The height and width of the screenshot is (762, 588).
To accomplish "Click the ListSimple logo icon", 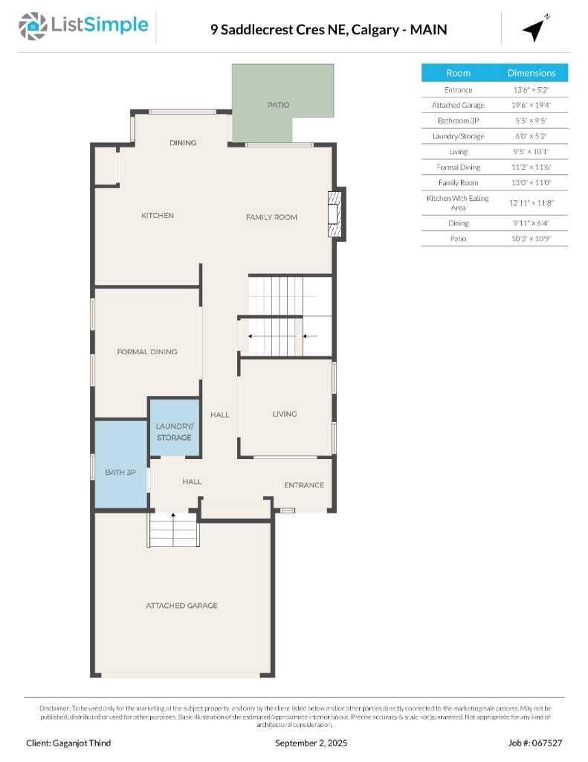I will point(33,27).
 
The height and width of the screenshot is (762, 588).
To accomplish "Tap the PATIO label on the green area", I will point(278,105).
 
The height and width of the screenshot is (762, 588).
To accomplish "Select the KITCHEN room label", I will point(158,215).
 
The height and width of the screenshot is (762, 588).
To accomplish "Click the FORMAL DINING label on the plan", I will point(147,351).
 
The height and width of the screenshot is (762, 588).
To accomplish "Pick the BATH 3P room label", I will point(120,473).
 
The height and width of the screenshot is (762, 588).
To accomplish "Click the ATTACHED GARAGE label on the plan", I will point(181,605).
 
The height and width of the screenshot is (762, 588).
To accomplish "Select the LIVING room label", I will point(284,414).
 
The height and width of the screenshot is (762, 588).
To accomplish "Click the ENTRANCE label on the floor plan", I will point(304,485).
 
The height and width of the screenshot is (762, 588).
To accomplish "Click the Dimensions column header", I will point(532,73).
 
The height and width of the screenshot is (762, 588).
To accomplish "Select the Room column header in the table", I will point(458,73).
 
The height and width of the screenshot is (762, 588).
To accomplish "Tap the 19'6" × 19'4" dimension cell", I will point(532,105).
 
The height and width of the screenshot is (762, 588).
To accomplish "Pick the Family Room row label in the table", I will point(458,182).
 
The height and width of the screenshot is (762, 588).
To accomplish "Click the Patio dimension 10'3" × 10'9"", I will point(532,238).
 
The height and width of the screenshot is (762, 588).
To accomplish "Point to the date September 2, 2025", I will point(311,743).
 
